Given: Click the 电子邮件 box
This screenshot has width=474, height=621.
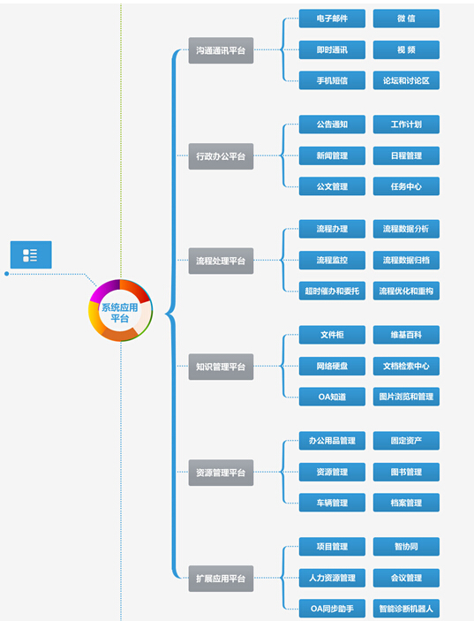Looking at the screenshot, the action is [332, 19].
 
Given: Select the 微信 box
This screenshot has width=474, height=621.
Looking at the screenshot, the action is [406, 19].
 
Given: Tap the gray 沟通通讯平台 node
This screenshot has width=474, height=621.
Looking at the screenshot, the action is [221, 50].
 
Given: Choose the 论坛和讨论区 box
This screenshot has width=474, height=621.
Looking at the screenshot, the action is [406, 80].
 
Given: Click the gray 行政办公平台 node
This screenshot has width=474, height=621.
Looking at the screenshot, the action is [221, 156].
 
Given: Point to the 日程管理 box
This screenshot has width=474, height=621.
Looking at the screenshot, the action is [406, 155].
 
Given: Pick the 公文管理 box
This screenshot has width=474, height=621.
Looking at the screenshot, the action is [332, 186].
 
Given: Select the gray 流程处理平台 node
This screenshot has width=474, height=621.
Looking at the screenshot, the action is [221, 261].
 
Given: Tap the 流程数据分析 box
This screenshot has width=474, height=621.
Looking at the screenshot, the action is [406, 229].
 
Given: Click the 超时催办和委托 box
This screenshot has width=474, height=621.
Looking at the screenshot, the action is [332, 292].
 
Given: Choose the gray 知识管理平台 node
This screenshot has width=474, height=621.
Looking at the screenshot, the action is [221, 367].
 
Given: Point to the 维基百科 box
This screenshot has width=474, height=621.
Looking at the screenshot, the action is [406, 335].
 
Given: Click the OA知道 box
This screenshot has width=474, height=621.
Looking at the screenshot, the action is [332, 397].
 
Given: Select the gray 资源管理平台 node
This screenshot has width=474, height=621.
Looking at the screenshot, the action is [221, 473].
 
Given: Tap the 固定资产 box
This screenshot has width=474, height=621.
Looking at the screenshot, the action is [406, 441].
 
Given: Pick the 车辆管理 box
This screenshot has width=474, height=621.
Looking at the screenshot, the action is [332, 503].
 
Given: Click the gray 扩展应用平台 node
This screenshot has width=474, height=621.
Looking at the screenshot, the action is [221, 579].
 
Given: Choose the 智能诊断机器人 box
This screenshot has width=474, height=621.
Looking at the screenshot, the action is [406, 609].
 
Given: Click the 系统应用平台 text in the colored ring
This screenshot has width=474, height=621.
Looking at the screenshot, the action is [120, 313].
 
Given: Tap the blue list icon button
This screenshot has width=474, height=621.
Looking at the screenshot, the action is [31, 254].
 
